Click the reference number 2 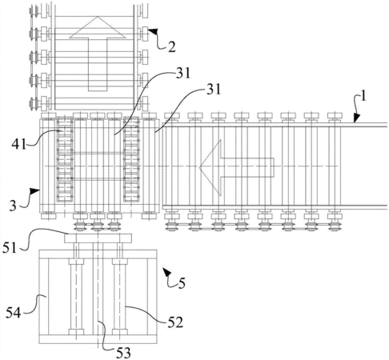172,47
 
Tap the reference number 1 363,96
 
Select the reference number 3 13,206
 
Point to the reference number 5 182,283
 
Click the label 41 18,145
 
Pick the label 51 10,248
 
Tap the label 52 175,322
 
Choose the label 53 123,353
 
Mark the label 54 14,313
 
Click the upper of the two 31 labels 183,73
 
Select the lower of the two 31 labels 214,90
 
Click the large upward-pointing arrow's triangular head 98,27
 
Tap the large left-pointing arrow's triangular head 211,167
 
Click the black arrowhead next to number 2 153,31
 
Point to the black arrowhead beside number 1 356,118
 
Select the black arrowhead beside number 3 35,191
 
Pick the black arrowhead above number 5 166,272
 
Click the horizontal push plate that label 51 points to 98,238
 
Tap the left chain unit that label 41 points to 65,159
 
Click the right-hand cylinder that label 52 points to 119,297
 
